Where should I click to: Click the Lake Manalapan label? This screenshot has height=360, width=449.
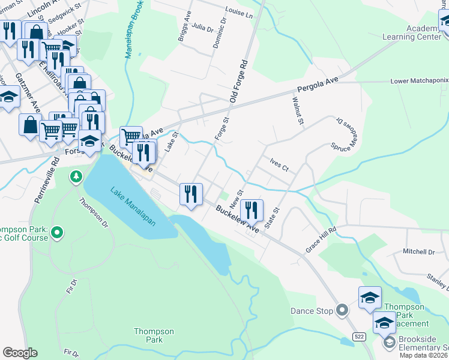133,206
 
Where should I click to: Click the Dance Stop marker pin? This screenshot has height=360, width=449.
342,310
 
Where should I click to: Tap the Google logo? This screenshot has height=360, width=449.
20,353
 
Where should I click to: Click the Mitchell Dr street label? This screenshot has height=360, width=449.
418,252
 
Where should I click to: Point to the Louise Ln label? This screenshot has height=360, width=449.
239,11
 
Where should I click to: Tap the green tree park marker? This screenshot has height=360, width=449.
76,176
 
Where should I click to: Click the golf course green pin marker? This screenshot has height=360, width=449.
57,232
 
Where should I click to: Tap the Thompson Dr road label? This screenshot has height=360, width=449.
95,214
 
